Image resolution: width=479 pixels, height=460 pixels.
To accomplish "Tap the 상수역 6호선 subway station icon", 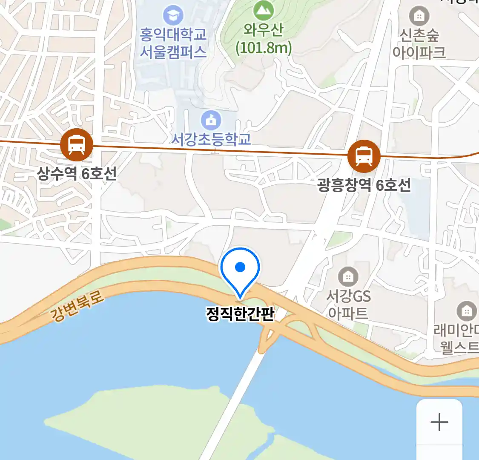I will tap(77, 145).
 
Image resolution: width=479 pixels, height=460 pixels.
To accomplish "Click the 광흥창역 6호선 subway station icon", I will tap(364, 156).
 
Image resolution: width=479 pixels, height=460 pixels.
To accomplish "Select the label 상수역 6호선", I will tap(77, 173).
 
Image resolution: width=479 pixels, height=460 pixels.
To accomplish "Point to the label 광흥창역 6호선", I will tap(364, 185).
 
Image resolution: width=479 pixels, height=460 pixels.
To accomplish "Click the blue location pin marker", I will tap(240, 268).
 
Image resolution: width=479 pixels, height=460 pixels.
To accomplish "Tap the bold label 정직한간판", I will tap(240, 314).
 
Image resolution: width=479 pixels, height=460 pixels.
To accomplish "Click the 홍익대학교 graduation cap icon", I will tap(173, 16).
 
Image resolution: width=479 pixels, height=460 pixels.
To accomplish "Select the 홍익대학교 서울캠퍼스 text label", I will tap(173, 43).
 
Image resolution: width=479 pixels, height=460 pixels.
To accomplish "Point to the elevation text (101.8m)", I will tap(264, 48).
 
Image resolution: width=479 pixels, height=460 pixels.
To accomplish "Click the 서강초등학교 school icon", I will tap(211, 121).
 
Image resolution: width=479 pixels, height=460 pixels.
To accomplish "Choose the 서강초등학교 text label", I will tap(211, 139).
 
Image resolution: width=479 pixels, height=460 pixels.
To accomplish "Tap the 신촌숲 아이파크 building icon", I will tap(419, 16).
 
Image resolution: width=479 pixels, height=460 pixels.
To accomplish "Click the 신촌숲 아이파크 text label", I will tap(419, 43).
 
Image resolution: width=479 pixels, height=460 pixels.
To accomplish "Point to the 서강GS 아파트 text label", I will tap(348, 305).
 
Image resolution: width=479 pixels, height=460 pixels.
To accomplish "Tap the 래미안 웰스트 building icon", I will tap(467, 311).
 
